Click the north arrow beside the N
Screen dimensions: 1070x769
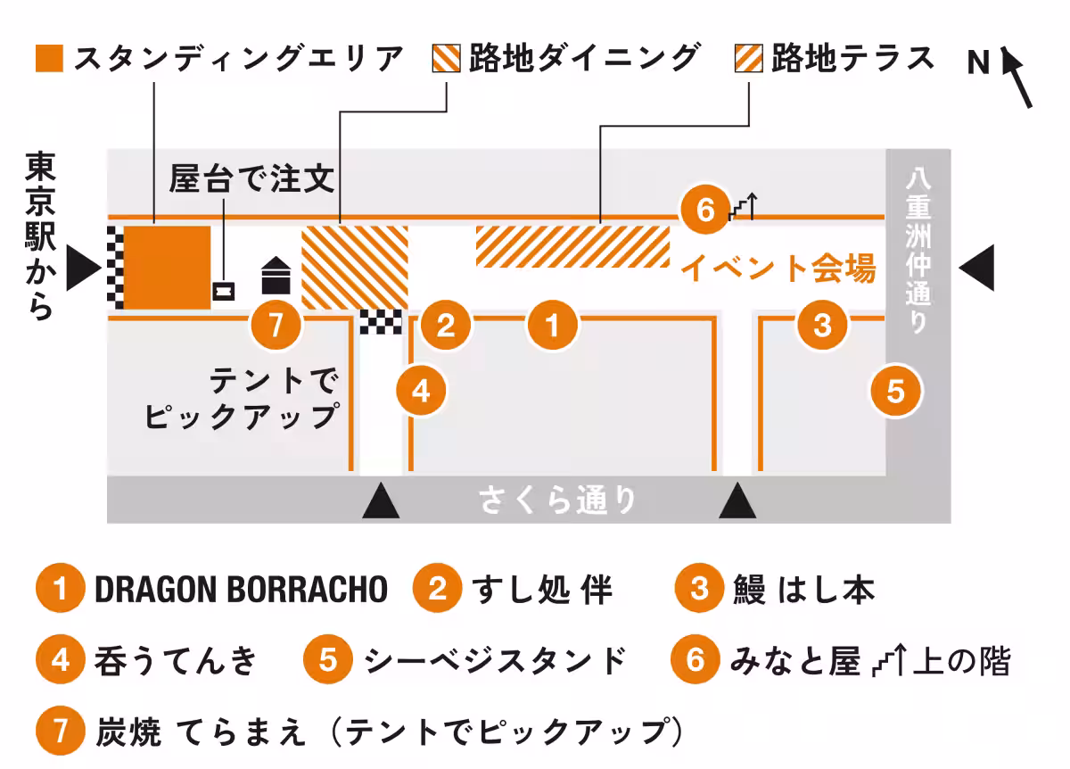[1017, 77]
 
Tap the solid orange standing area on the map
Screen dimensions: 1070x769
[168, 268]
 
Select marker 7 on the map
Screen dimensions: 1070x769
[276, 325]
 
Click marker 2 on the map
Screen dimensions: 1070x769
[446, 325]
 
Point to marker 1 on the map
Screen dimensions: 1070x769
[553, 325]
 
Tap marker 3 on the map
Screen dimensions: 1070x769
[822, 325]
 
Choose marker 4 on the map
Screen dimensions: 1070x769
[421, 391]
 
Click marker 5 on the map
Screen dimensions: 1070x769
[895, 392]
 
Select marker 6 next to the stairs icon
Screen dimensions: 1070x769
[705, 210]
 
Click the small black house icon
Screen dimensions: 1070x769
[276, 276]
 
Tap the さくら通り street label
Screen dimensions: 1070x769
[557, 500]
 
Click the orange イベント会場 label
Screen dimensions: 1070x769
[778, 269]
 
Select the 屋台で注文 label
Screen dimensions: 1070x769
[251, 178]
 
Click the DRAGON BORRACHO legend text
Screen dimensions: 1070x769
[242, 590]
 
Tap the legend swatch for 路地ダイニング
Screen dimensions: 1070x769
[446, 58]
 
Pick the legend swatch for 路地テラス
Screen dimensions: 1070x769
[748, 58]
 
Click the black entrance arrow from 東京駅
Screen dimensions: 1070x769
[84, 268]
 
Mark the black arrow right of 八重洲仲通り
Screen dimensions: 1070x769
[976, 268]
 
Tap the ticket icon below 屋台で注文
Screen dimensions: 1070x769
[224, 291]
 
